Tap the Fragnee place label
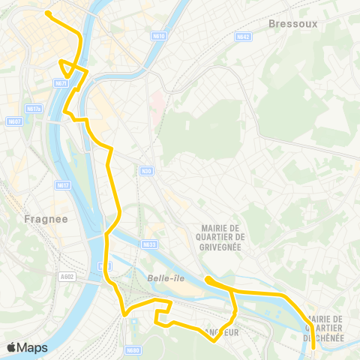pos(46,219)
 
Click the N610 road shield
pos(158,35)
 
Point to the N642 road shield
pos(241,36)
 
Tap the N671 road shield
pos(61,83)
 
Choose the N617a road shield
pos(34,109)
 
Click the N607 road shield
pos(15,121)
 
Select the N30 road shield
pos(146,170)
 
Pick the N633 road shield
pos(150,244)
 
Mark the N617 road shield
pos(62,184)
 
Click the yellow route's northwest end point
pos(48,13)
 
